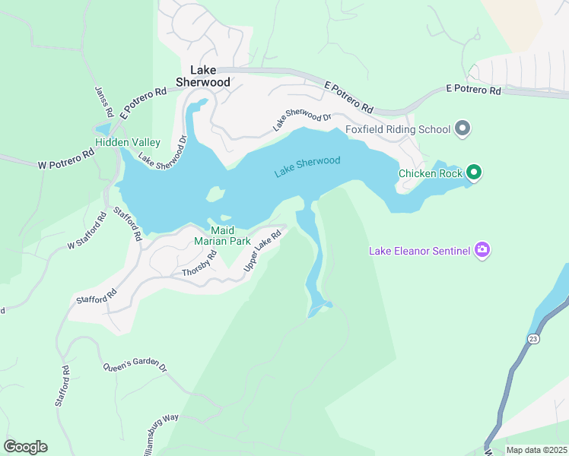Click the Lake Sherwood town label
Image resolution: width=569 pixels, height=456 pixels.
(x=203, y=74)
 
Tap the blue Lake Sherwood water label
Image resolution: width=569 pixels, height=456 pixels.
(x=307, y=166)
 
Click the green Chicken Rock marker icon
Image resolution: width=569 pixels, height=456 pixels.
(x=474, y=173)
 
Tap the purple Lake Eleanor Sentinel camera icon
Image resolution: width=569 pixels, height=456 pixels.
(x=481, y=250)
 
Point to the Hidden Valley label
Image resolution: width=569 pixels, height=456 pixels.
(x=127, y=142)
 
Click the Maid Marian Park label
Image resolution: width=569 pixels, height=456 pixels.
(x=222, y=236)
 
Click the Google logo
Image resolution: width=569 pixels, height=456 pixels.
(x=24, y=447)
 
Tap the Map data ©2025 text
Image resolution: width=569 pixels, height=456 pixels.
(x=536, y=450)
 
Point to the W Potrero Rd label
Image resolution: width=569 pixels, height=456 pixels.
(x=65, y=158)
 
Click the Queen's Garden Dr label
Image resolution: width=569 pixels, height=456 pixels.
(x=135, y=365)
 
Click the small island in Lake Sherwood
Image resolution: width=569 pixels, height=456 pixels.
(x=215, y=195)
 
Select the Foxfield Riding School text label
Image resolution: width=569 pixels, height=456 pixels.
(x=398, y=129)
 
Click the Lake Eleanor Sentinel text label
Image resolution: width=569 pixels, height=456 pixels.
(x=419, y=251)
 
